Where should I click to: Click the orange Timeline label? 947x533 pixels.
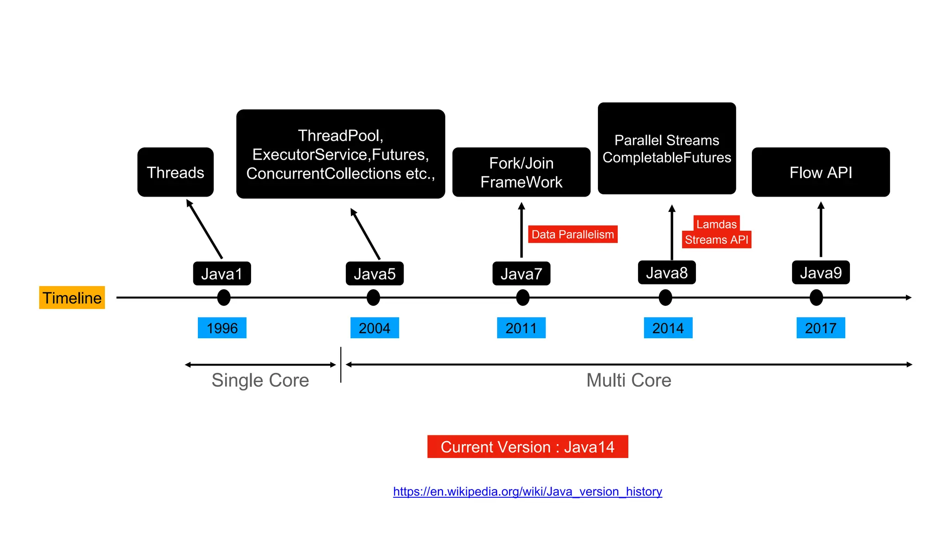click(72, 297)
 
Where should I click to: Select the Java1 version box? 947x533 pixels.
click(222, 273)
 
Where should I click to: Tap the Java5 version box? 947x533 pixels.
click(375, 273)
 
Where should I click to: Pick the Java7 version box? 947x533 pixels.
click(521, 273)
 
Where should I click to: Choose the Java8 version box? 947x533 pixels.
click(667, 273)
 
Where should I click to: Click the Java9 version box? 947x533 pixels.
click(821, 273)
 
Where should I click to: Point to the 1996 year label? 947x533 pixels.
click(222, 328)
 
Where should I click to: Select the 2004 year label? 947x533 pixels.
click(375, 328)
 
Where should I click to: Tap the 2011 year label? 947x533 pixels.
click(521, 328)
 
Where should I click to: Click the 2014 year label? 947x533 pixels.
click(668, 328)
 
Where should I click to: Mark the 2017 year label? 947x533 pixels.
click(821, 328)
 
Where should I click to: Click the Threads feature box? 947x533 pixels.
click(175, 172)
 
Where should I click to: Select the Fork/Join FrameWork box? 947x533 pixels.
click(521, 172)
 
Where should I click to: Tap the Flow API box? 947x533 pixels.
click(821, 172)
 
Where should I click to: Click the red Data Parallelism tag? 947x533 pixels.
click(572, 234)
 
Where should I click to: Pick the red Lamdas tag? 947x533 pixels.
click(716, 224)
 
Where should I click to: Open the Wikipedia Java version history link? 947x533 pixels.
click(528, 491)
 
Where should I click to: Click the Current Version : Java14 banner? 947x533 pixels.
click(528, 446)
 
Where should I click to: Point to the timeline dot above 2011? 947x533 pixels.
click(523, 297)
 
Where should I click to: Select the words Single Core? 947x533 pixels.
click(260, 380)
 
